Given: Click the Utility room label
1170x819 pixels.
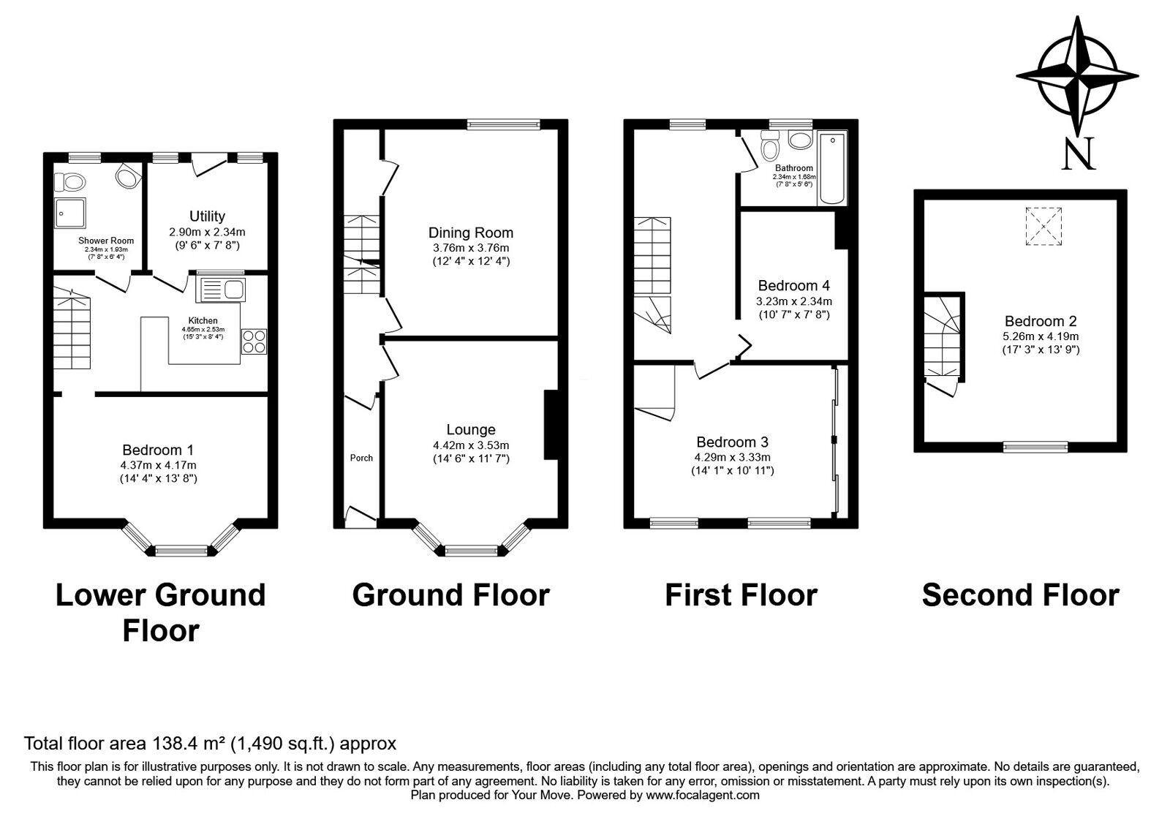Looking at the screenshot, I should [x=207, y=216].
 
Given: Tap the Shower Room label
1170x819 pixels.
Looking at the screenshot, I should [x=106, y=241].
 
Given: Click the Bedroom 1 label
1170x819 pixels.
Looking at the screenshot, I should [x=158, y=450].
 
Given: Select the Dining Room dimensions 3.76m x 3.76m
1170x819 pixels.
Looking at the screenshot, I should [x=471, y=248].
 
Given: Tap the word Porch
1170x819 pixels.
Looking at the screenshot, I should [x=361, y=458].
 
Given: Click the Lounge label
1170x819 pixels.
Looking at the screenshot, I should [x=471, y=430].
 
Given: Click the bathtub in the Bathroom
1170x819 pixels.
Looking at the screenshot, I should [x=832, y=168].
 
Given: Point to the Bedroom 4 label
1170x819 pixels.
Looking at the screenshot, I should [x=793, y=285].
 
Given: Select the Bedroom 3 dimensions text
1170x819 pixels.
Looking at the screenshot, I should [x=732, y=457].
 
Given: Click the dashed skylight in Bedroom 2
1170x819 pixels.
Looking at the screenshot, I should [x=1043, y=225].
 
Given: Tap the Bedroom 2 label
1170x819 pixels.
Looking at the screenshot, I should [x=1041, y=321].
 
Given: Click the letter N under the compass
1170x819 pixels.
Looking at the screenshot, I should [x=1079, y=154].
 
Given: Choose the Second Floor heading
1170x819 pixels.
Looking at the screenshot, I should [x=1020, y=595].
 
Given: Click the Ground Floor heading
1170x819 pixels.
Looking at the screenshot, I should [x=450, y=595].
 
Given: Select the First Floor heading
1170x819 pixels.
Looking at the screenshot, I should [x=740, y=595].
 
